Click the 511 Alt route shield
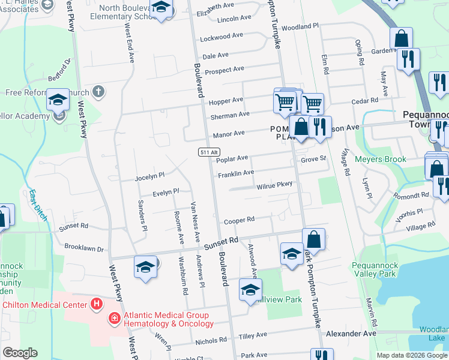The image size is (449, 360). pyautogui.click(x=205, y=153)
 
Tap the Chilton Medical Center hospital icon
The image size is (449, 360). pyautogui.click(x=96, y=304)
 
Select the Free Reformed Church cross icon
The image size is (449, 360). pyautogui.click(x=98, y=92)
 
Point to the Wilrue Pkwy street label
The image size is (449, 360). pyautogui.click(x=274, y=186)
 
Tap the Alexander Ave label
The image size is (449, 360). pyautogui.click(x=351, y=333)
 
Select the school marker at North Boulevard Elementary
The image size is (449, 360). pyautogui.click(x=160, y=8)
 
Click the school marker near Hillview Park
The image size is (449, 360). pyautogui.click(x=250, y=290)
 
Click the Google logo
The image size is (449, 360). pyautogui.click(x=20, y=353)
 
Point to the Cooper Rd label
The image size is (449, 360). pyautogui.click(x=240, y=221)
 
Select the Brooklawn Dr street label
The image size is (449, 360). pyautogui.click(x=84, y=248)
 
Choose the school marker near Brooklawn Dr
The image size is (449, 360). pyautogui.click(x=145, y=266)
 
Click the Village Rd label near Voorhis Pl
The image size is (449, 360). pyautogui.click(x=420, y=227)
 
